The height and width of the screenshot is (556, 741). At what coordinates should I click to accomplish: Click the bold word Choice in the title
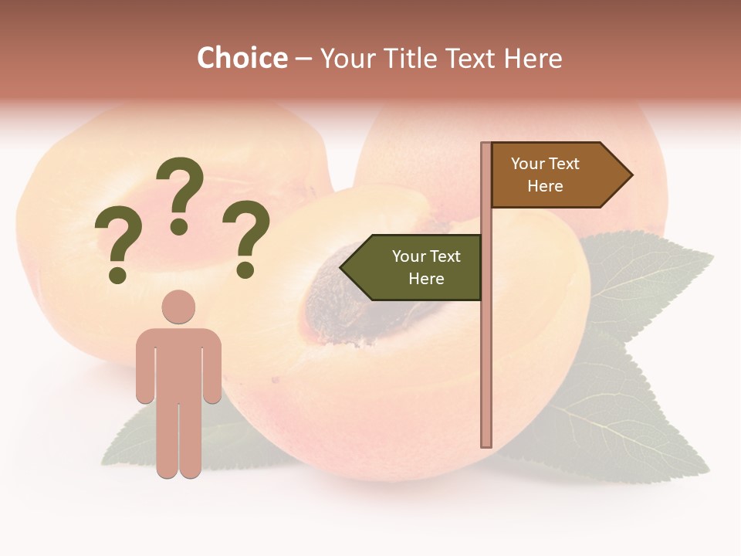pyautogui.click(x=242, y=58)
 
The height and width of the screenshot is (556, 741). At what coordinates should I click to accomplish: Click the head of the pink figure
pyautogui.click(x=178, y=307)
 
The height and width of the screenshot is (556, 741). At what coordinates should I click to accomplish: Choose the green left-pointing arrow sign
pyautogui.click(x=417, y=267)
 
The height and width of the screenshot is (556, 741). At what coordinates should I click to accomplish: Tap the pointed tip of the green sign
pyautogui.click(x=342, y=267)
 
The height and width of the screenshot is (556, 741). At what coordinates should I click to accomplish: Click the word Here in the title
pyautogui.click(x=533, y=58)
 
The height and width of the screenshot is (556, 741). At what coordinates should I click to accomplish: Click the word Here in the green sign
pyautogui.click(x=426, y=279)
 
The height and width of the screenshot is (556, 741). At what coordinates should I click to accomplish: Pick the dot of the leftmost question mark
pyautogui.click(x=117, y=274)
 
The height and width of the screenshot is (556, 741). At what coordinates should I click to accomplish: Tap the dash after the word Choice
pyautogui.click(x=303, y=59)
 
